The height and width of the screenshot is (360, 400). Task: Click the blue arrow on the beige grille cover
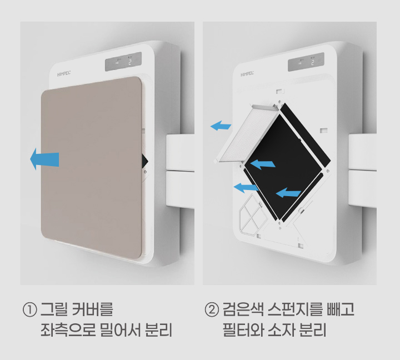44,159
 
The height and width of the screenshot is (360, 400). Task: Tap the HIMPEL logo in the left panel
64,74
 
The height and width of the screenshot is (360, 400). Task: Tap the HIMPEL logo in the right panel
247,74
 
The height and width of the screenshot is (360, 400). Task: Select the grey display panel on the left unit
123,62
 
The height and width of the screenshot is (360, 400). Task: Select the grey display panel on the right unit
306,62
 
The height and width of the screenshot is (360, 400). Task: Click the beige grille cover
92,168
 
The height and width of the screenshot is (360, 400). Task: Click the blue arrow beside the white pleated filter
221,126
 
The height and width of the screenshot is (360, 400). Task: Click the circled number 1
30,310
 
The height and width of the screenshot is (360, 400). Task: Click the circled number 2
212,310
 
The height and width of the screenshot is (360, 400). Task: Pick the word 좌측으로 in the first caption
68,330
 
